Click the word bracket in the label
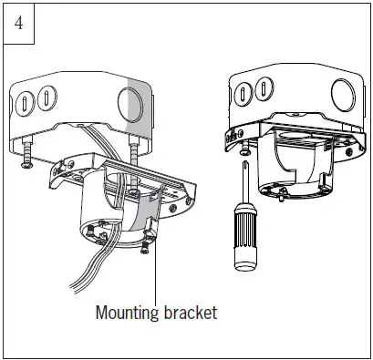pyautogui.click(x=189, y=313)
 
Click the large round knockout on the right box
pyautogui.click(x=347, y=94)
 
